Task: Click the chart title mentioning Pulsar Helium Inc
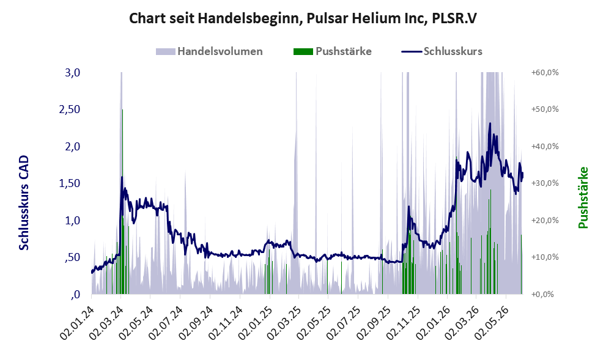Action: (303, 18)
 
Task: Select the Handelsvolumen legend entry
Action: (209, 51)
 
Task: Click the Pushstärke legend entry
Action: (333, 51)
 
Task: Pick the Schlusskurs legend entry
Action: (442, 51)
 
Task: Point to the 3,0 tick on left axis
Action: (73, 73)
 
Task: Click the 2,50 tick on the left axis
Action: (70, 109)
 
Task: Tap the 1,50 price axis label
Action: (70, 183)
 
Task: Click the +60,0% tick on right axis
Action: (545, 73)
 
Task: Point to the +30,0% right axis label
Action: (545, 183)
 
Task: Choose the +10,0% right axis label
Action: (545, 257)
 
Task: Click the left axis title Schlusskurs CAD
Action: (24, 202)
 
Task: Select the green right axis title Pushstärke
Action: (583, 197)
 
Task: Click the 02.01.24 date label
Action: (76, 323)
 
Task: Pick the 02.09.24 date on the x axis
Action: (196, 323)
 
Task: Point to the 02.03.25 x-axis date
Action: (284, 323)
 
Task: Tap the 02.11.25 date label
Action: (403, 323)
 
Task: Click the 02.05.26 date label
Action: (492, 323)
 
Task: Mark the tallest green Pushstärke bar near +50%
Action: (122, 202)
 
